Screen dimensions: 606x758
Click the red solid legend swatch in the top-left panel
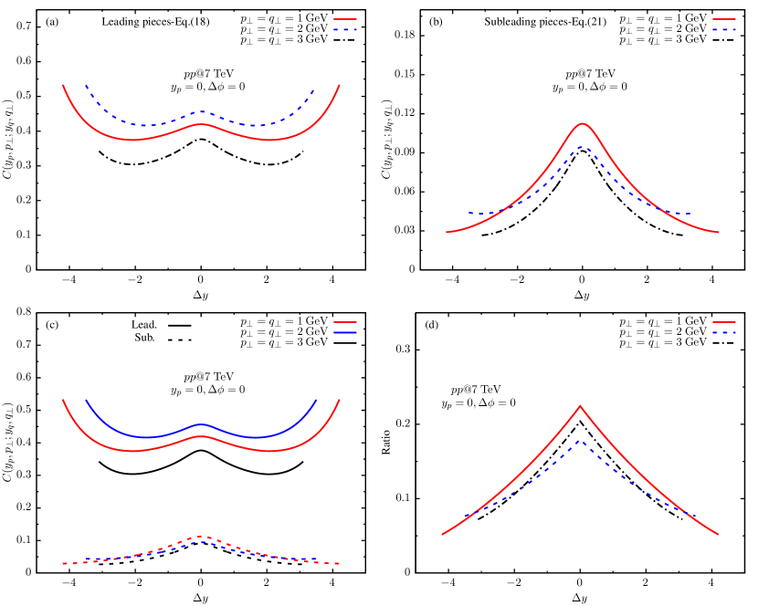(x=345, y=19)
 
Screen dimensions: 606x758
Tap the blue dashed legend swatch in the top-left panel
(x=345, y=30)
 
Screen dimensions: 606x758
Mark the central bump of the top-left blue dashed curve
(x=202, y=112)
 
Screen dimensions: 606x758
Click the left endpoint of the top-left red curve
(x=63, y=85)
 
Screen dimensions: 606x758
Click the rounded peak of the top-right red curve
(x=582, y=123)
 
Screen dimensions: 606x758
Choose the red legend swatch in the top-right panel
(x=724, y=19)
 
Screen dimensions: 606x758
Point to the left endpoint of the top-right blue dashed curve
(x=468, y=213)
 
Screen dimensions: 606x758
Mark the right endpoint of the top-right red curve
(x=720, y=232)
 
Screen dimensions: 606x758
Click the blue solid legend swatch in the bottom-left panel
(x=345, y=333)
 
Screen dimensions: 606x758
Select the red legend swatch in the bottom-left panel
(x=345, y=322)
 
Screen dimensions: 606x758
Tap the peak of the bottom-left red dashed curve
(x=202, y=536)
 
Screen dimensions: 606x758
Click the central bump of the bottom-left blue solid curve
(x=202, y=424)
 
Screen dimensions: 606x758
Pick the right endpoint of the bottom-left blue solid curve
(x=317, y=400)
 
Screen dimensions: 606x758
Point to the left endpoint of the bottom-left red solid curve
(x=63, y=400)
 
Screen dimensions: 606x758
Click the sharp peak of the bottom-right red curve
(x=580, y=405)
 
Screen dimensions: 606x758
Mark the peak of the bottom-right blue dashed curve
(x=580, y=440)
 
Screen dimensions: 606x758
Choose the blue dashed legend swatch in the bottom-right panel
(x=724, y=333)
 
